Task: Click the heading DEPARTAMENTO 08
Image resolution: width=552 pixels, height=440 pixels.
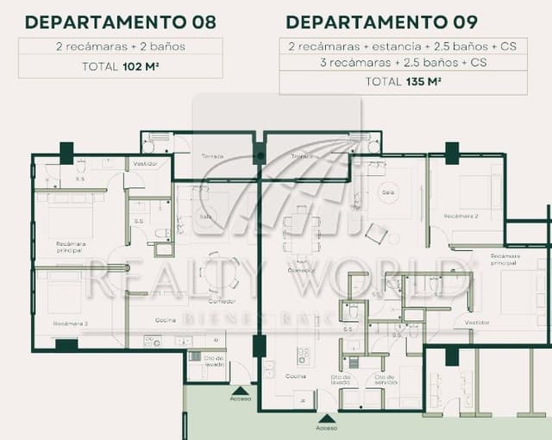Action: tap(120, 22)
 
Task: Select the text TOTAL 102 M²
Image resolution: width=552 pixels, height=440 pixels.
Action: tap(120, 66)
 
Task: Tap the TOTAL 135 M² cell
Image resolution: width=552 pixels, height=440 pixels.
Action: tap(404, 82)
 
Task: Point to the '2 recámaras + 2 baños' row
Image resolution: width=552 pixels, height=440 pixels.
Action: tap(120, 47)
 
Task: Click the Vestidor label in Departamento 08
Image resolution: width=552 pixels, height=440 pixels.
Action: tap(144, 164)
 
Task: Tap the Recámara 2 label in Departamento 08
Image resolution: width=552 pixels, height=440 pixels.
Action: tap(71, 323)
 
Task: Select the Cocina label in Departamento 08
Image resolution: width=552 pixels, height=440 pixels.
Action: tap(166, 320)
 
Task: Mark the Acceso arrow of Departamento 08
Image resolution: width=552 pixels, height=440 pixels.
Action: tap(241, 389)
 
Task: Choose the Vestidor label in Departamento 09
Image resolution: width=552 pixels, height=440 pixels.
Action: tap(476, 322)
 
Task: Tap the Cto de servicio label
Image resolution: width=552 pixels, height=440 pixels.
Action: tap(380, 380)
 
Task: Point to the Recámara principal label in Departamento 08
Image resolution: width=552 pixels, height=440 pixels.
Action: tap(71, 246)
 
